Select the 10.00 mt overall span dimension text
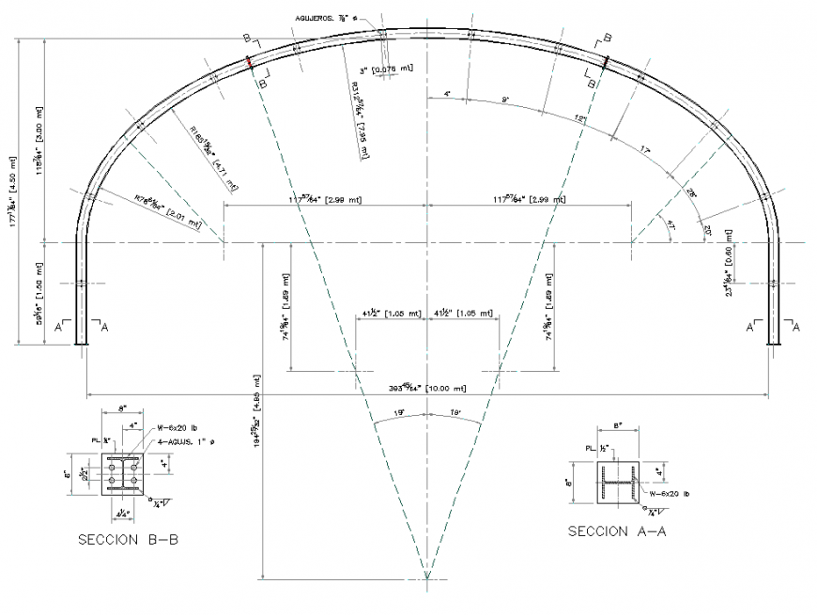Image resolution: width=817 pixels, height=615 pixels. click(427, 387)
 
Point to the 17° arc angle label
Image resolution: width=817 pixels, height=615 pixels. click(643, 150)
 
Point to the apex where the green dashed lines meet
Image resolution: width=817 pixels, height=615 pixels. click(427, 577)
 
